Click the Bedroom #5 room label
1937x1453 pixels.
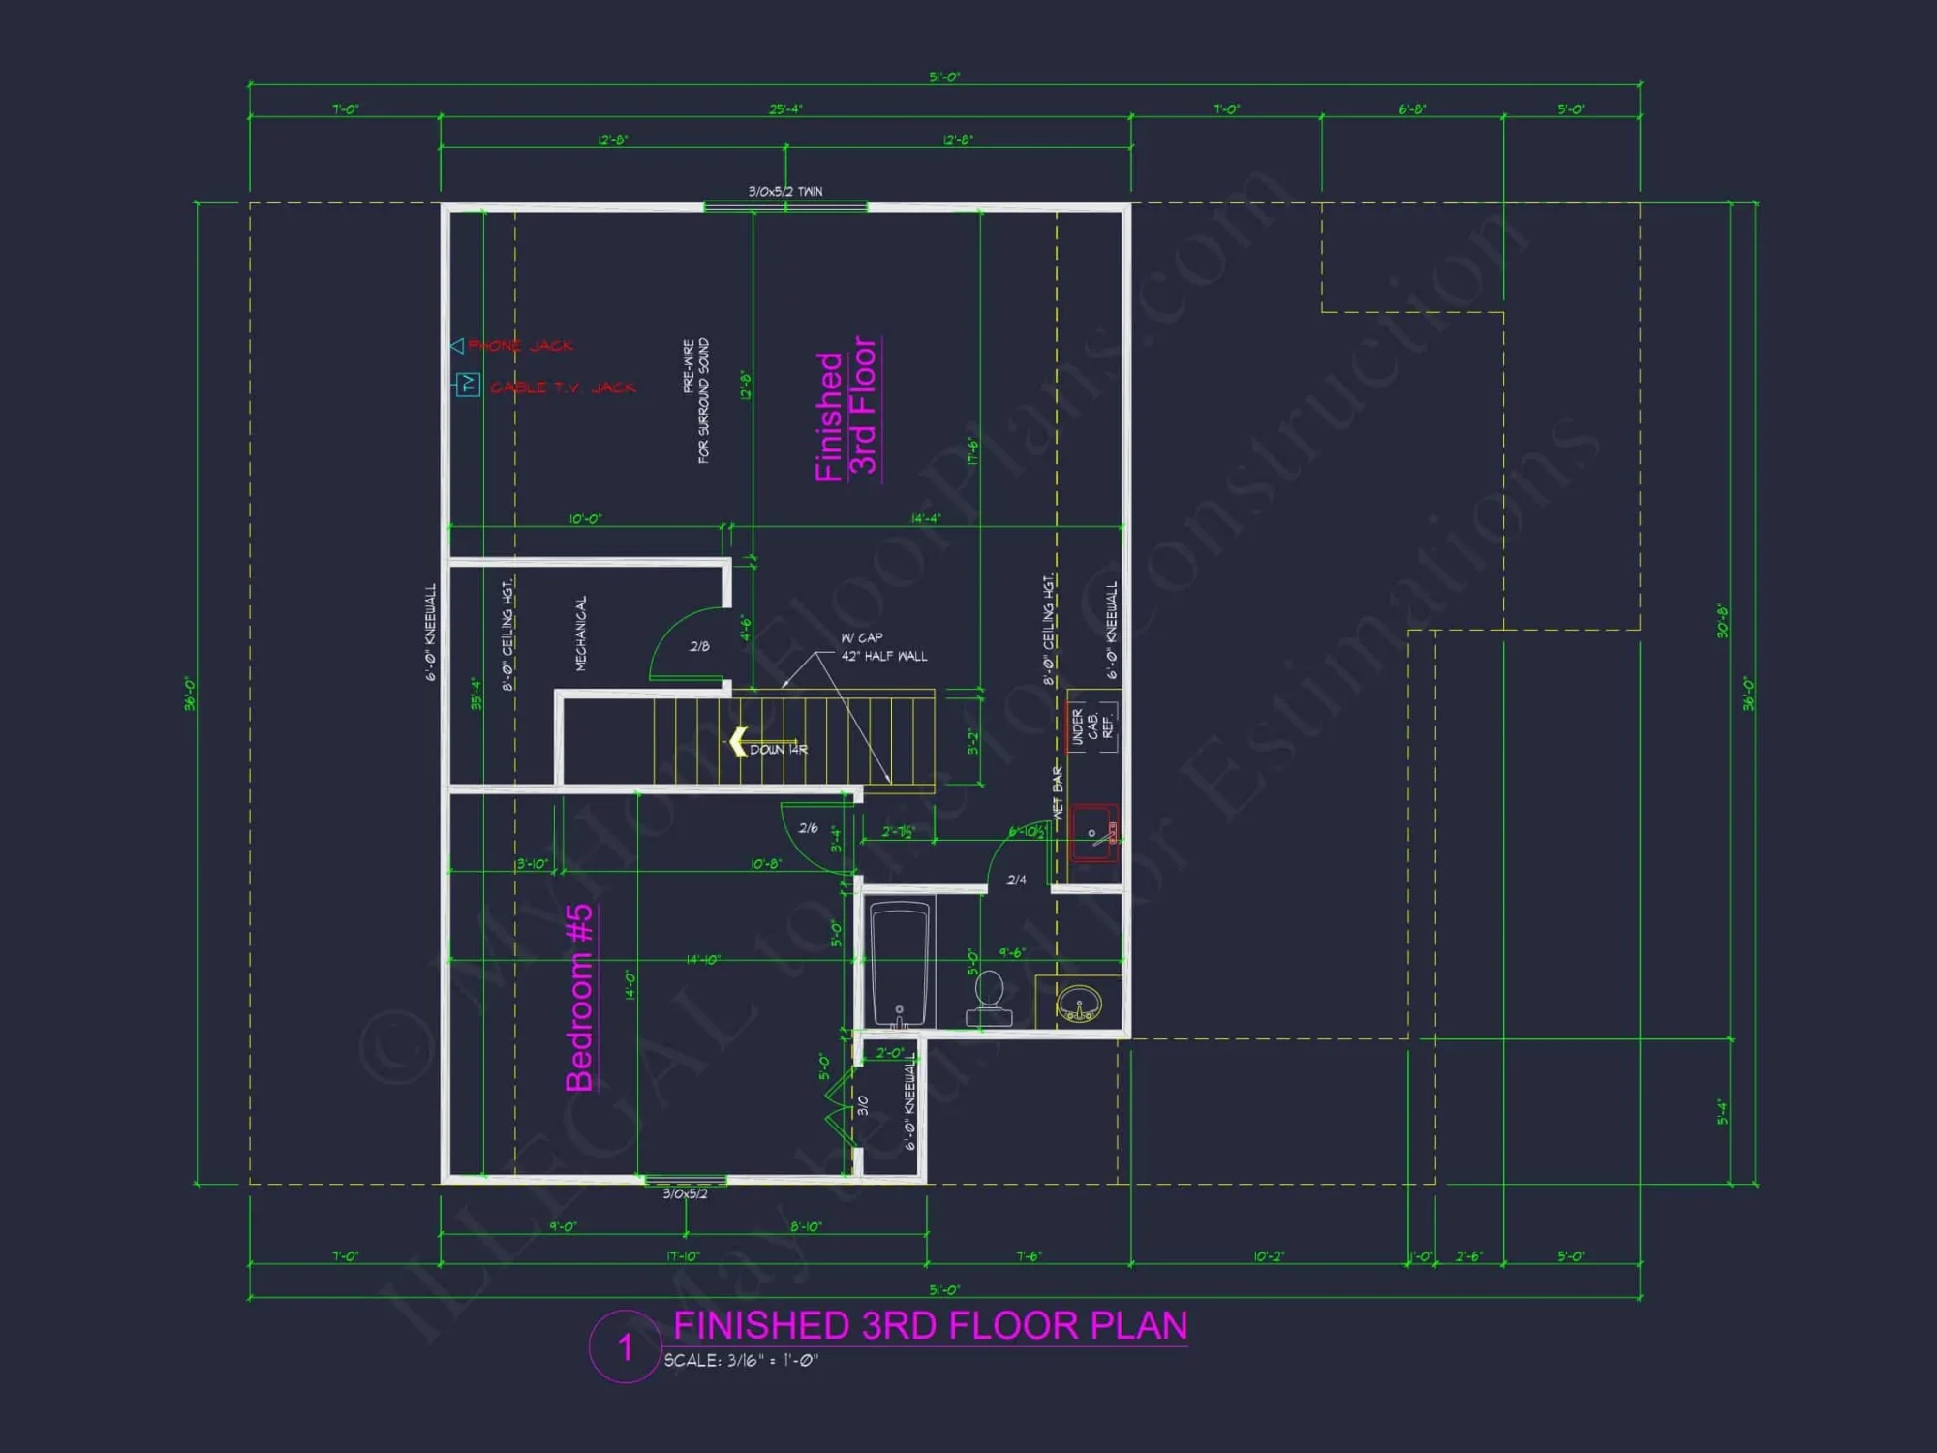pyautogui.click(x=579, y=998)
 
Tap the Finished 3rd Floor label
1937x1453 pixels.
pyautogui.click(x=846, y=408)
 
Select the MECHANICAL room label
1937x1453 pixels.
pyautogui.click(x=581, y=634)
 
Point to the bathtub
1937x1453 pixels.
pyautogui.click(x=901, y=965)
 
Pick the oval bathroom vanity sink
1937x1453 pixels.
pyautogui.click(x=1078, y=1002)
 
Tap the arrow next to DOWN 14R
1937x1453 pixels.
pyautogui.click(x=737, y=742)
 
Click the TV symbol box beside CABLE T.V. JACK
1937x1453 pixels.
pyautogui.click(x=469, y=385)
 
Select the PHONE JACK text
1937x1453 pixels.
pyautogui.click(x=520, y=346)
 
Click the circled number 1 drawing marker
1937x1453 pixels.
pyautogui.click(x=626, y=1346)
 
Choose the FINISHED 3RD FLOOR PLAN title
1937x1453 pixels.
pyautogui.click(x=930, y=1325)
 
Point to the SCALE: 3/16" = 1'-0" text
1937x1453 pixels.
pyautogui.click(x=741, y=1361)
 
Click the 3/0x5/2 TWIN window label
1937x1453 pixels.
pyautogui.click(x=785, y=192)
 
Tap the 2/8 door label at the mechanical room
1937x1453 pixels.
pyautogui.click(x=699, y=646)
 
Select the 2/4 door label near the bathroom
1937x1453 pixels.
pyautogui.click(x=1016, y=880)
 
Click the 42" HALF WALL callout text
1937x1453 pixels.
pyautogui.click(x=883, y=656)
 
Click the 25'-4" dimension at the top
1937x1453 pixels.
pyautogui.click(x=785, y=109)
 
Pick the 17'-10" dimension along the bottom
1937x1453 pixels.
pyautogui.click(x=683, y=1256)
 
